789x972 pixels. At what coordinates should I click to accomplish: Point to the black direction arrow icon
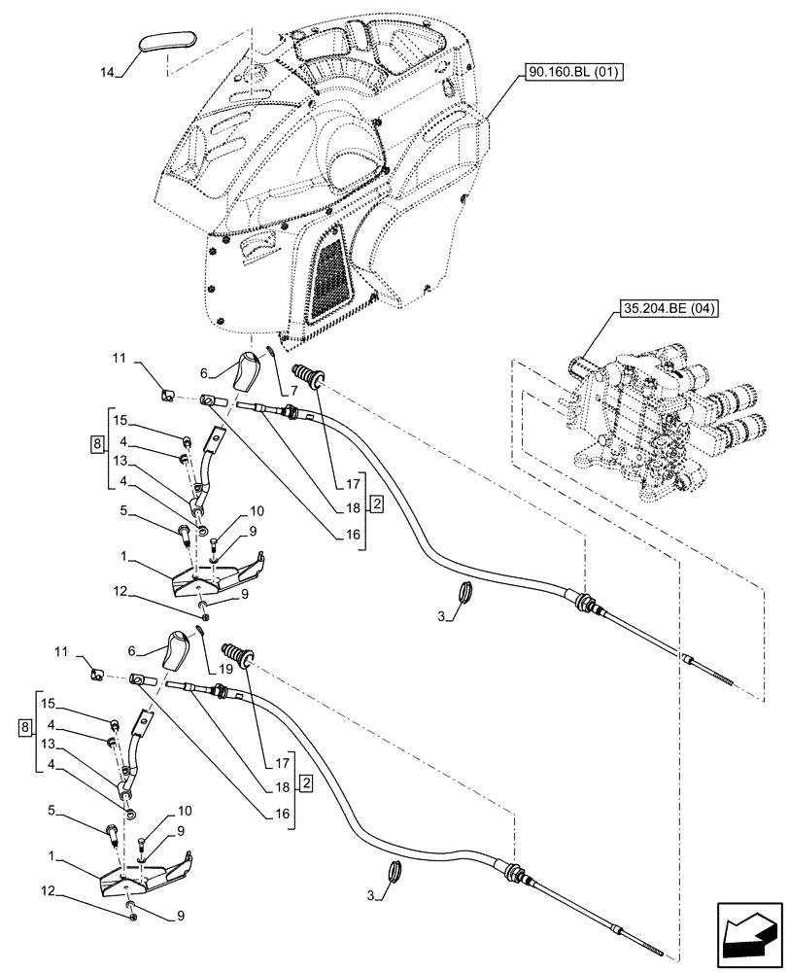coord(748,936)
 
